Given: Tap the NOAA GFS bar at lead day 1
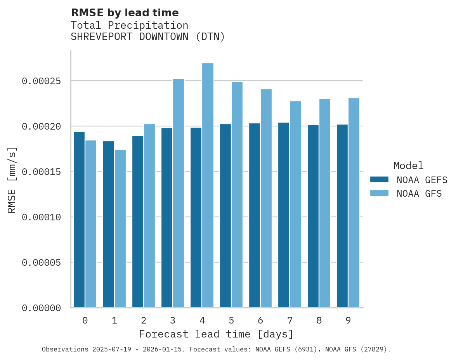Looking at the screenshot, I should tap(120, 228).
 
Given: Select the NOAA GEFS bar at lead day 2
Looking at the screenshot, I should tap(138, 222).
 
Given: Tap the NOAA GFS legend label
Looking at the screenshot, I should tap(419, 194).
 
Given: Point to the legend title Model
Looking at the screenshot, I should tap(408, 166).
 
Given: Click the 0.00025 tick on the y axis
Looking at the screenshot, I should tap(42, 81).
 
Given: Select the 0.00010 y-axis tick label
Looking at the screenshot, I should tap(42, 217).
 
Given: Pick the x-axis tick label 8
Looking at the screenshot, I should tap(319, 320).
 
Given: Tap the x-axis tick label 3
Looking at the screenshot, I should tap(173, 320).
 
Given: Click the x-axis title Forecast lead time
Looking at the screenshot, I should tap(216, 334).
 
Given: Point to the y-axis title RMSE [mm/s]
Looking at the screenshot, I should tap(12, 180).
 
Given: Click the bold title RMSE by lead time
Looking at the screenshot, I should tap(125, 13).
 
